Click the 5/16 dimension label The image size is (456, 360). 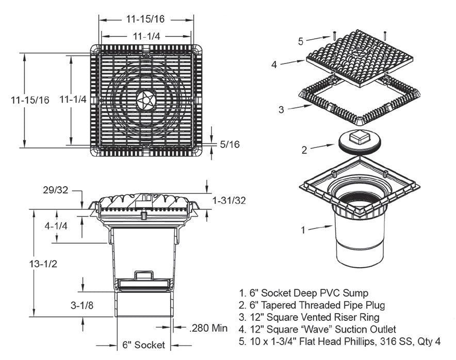(230, 144)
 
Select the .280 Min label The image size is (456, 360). (208, 328)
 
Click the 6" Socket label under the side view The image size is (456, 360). (142, 345)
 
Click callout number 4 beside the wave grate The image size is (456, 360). (274, 64)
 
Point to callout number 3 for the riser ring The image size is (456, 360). (281, 109)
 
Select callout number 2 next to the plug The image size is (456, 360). (304, 150)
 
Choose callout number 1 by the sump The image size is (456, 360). (303, 230)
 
